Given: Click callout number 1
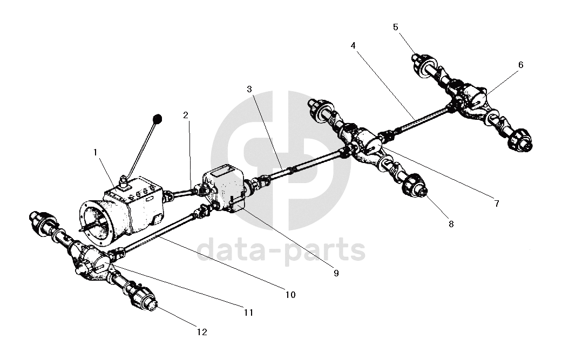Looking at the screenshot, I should click(96, 153).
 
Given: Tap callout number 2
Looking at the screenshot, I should click(185, 115).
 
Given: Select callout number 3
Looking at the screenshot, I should click(249, 89).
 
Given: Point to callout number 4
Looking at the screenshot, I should click(353, 46).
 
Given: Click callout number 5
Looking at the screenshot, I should click(396, 26).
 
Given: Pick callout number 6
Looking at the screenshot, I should click(520, 65).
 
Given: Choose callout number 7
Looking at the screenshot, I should click(496, 204).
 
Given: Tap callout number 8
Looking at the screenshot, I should click(451, 223).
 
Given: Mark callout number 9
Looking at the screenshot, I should click(336, 273).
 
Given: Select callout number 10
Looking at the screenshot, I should click(290, 295).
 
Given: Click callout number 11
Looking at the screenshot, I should click(248, 312).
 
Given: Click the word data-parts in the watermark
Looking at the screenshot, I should click(281, 250).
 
